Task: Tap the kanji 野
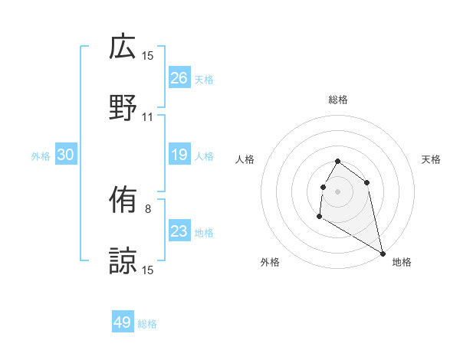(x=123, y=107)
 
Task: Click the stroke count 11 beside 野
(x=148, y=117)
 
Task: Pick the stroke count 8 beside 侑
(x=148, y=208)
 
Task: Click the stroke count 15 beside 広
(x=148, y=56)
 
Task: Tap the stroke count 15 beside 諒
(x=148, y=270)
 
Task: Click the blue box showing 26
(x=179, y=77)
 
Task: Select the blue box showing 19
(x=179, y=155)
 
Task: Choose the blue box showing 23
(x=179, y=231)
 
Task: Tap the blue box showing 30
(x=66, y=155)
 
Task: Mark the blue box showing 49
(x=123, y=322)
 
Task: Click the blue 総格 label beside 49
(x=147, y=324)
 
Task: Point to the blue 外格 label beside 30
(x=41, y=155)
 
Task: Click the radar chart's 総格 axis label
(x=338, y=100)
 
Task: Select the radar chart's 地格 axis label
(x=402, y=262)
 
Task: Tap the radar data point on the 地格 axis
(x=383, y=253)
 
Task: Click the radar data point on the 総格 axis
(x=338, y=162)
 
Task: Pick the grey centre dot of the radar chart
(x=338, y=191)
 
